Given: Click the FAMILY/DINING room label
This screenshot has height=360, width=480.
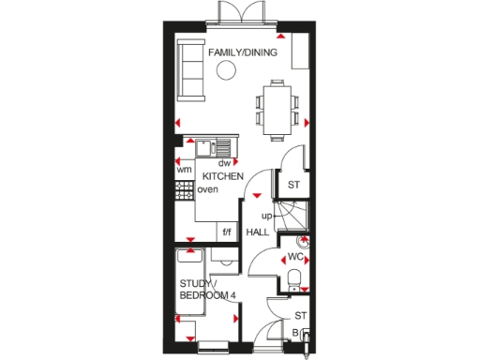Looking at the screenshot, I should [242, 53].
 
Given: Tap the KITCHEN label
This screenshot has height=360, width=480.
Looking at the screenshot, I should [223, 176].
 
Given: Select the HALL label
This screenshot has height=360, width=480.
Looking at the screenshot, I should [258, 231].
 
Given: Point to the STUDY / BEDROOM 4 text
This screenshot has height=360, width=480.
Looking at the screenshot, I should [207, 290].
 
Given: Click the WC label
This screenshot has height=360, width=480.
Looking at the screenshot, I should [294, 256].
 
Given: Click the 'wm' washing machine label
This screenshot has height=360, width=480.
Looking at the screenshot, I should [184, 170].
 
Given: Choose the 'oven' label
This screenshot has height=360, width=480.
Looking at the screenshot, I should [207, 190].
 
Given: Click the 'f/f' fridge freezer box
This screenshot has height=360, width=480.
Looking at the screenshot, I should [226, 232].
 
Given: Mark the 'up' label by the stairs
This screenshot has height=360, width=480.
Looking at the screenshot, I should [266, 216].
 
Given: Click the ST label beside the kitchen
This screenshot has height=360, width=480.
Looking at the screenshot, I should [292, 184].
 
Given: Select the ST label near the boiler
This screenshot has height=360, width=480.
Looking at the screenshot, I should [301, 316].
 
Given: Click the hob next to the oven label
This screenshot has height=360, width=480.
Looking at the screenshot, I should [184, 190].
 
